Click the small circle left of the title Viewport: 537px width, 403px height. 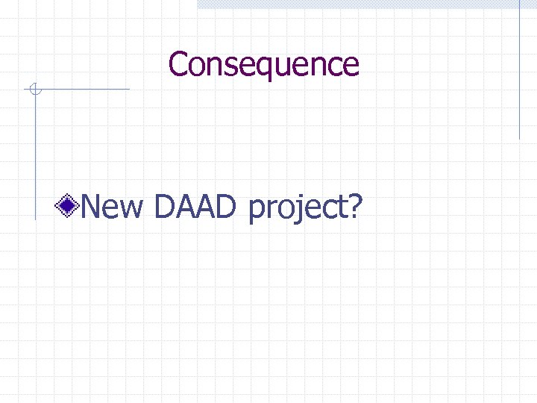click(x=34, y=90)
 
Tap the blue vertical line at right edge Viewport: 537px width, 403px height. click(x=520, y=71)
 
